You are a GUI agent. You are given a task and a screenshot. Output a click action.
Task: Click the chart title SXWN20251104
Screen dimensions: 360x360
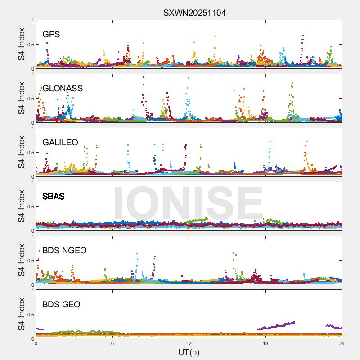pyautogui.click(x=194, y=13)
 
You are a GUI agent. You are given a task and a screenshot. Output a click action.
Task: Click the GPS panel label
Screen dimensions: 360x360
pyautogui.click(x=51, y=35)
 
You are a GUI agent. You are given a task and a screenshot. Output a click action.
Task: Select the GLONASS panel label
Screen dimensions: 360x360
pyautogui.click(x=63, y=89)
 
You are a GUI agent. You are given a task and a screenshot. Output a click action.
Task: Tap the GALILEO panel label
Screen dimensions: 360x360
pyautogui.click(x=60, y=143)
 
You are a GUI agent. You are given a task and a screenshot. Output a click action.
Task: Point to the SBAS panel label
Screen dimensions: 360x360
pyautogui.click(x=54, y=197)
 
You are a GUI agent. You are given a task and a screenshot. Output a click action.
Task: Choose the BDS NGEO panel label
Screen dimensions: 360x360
pyautogui.click(x=64, y=251)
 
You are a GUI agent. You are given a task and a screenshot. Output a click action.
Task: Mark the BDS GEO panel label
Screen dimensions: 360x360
pyautogui.click(x=61, y=305)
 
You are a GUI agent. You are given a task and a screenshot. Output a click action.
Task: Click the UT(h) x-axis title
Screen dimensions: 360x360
pyautogui.click(x=189, y=352)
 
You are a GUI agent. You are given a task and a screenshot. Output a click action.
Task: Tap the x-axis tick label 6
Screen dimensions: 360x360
pyautogui.click(x=112, y=343)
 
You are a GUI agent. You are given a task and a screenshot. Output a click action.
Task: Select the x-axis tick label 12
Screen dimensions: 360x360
pyautogui.click(x=189, y=343)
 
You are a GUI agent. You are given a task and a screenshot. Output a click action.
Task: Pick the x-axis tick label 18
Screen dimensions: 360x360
pyautogui.click(x=265, y=343)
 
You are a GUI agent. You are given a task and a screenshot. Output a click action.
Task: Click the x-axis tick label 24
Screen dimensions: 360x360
pyautogui.click(x=342, y=343)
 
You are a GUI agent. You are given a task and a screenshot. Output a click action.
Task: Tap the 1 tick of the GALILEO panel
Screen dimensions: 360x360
pyautogui.click(x=32, y=128)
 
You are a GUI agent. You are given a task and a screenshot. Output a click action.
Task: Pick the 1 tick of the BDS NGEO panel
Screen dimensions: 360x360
pyautogui.click(x=32, y=236)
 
